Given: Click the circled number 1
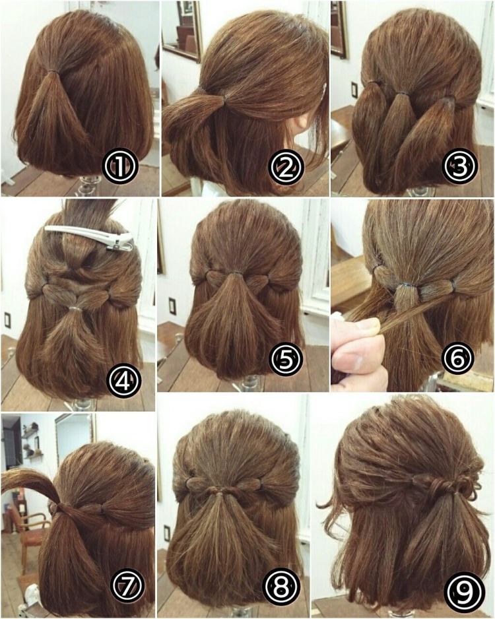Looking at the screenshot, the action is coord(120,167).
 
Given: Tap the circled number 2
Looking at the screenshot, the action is coord(286,168).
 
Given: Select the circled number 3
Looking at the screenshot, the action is coord(460,166).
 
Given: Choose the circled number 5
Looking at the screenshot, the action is coord(286,358).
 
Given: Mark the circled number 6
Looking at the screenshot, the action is coord(458,358).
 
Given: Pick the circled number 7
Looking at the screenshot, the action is coord(128,585).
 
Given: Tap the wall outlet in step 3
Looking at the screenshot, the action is coord(354,90).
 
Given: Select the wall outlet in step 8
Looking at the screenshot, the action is coord(167,533).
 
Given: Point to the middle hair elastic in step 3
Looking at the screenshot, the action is coord(401,94).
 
